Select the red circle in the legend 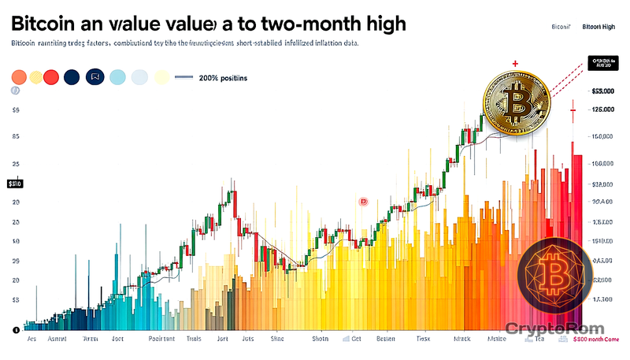(x=52, y=77)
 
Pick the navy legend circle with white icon (x=95, y=77)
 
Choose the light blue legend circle (x=118, y=77)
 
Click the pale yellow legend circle (x=161, y=77)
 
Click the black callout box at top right (x=605, y=63)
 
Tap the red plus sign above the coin (x=514, y=63)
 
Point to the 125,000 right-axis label (x=602, y=110)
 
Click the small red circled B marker (x=364, y=202)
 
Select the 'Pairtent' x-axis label (x=163, y=340)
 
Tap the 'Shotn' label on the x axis (x=320, y=340)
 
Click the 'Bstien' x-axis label (x=386, y=340)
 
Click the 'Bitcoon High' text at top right (x=598, y=27)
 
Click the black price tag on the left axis (x=15, y=184)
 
